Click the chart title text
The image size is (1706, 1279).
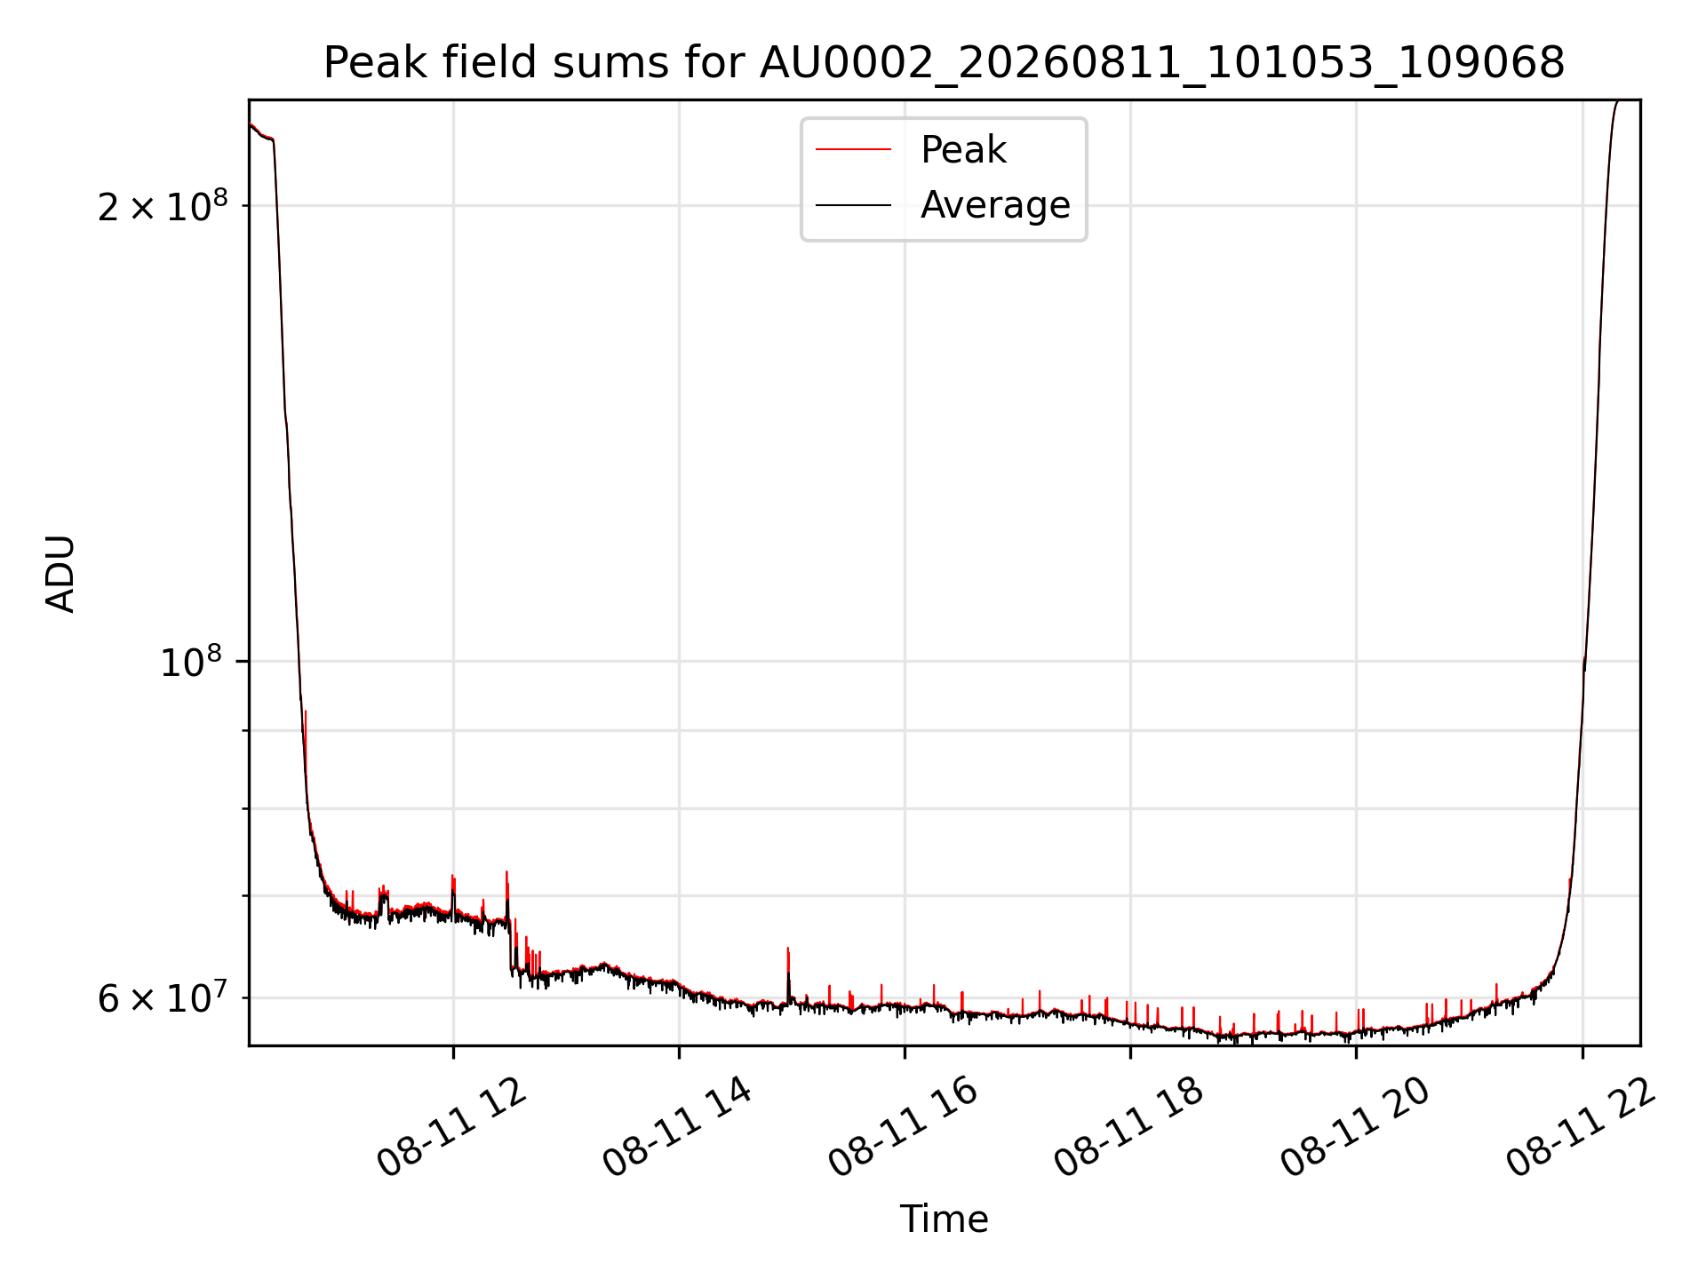click(944, 63)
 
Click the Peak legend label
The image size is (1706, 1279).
click(963, 150)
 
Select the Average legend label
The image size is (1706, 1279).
click(995, 205)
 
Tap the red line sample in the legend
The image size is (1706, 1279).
click(853, 150)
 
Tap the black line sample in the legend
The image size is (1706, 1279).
click(853, 205)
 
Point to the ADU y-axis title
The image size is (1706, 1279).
click(60, 574)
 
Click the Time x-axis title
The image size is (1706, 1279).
click(944, 1219)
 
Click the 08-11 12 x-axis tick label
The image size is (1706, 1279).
click(451, 1128)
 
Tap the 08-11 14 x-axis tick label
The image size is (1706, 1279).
click(678, 1128)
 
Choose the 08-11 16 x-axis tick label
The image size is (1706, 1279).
click(904, 1128)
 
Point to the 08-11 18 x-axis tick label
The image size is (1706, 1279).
click(1129, 1128)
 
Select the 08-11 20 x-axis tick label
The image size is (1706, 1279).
click(1355, 1128)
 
